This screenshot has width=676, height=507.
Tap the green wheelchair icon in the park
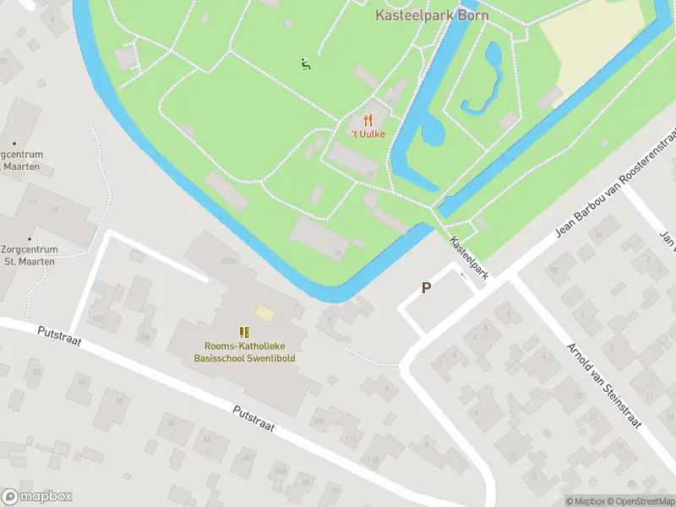(305, 63)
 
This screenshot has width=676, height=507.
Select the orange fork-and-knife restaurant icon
(368, 121)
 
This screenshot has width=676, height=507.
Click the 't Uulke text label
(368, 134)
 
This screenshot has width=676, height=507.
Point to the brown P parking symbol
(427, 288)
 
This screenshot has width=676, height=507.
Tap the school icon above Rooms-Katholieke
(244, 332)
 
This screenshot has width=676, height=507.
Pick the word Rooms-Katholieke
(244, 346)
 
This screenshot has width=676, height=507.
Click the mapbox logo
(37, 497)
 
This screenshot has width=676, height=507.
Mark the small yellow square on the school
(264, 313)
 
